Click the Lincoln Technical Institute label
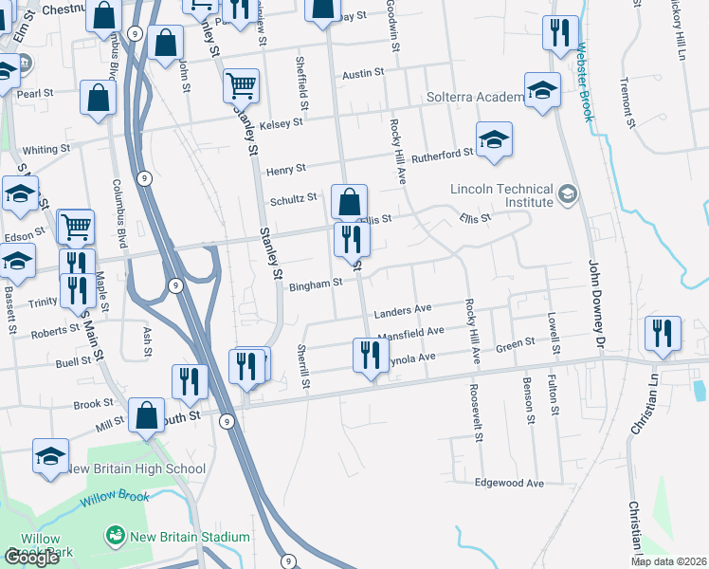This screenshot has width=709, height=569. [501, 194]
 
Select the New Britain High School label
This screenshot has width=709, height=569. [136, 468]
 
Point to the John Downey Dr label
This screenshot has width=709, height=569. [595, 304]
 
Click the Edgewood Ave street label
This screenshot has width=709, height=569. [509, 483]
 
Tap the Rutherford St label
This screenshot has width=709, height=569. [442, 154]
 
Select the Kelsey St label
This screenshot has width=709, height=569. [282, 122]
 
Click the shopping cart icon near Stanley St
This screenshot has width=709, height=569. [241, 85]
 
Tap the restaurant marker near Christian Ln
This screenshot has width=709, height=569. [663, 334]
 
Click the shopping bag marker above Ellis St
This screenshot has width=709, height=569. [349, 201]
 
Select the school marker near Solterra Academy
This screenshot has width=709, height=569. [542, 91]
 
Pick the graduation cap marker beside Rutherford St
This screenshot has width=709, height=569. [494, 140]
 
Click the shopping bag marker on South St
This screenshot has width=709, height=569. [147, 415]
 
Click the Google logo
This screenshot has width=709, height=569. [31, 557]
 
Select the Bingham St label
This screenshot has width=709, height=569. [315, 284]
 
